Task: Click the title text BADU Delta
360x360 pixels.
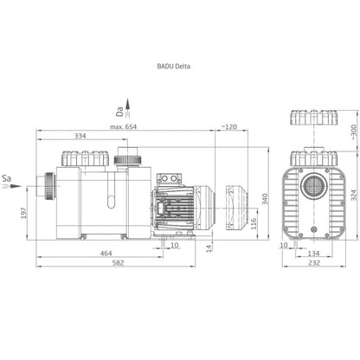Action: [174, 66]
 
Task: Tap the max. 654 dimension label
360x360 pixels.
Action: [123, 127]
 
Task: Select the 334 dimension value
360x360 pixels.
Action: [80, 136]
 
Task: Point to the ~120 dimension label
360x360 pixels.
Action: [229, 127]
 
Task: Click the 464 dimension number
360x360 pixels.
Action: [106, 254]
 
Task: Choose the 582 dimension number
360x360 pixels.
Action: [118, 263]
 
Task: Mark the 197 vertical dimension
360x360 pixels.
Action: [23, 213]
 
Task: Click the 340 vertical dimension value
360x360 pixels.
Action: [265, 199]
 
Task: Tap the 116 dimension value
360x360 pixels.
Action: [254, 223]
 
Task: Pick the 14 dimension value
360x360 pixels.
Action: [209, 247]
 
